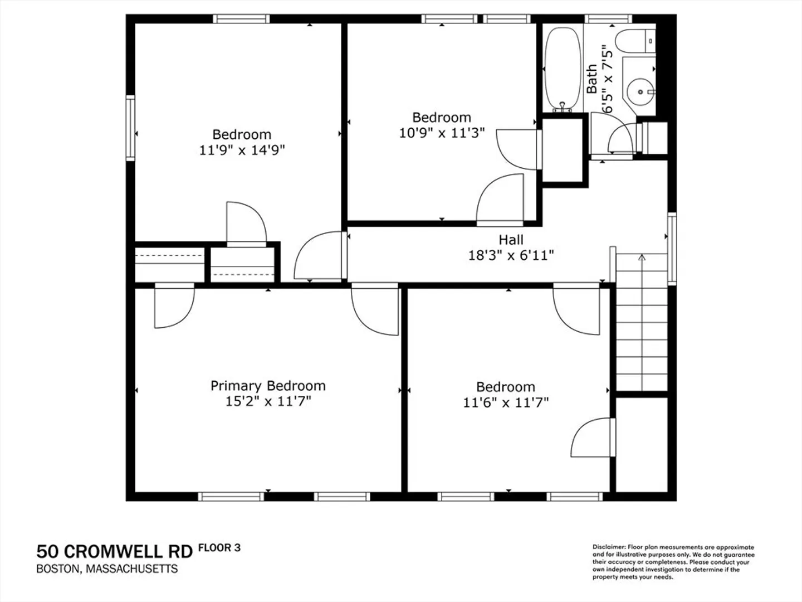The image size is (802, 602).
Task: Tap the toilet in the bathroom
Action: pyautogui.click(x=635, y=42)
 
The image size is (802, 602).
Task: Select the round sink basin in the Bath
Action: pyautogui.click(x=640, y=92)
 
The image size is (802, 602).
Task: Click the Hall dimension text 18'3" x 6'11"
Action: pyautogui.click(x=511, y=255)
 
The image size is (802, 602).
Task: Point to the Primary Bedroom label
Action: pyautogui.click(x=268, y=386)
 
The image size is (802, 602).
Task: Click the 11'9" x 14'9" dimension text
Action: pyautogui.click(x=242, y=150)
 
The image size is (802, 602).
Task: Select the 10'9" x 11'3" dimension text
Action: pyautogui.click(x=442, y=133)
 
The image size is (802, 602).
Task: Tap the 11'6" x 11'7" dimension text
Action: pyautogui.click(x=506, y=402)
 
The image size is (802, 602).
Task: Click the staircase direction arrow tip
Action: pyautogui.click(x=642, y=255)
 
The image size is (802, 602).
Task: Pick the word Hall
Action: pyautogui.click(x=511, y=240)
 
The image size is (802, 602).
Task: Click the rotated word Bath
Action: pyautogui.click(x=591, y=79)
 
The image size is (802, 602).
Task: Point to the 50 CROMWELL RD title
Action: pyautogui.click(x=114, y=552)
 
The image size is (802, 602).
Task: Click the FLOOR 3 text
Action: pyautogui.click(x=219, y=547)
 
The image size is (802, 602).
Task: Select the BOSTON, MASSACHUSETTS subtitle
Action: pyautogui.click(x=107, y=569)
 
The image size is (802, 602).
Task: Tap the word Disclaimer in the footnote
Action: pyautogui.click(x=609, y=547)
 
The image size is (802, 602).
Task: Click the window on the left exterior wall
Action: pyautogui.click(x=130, y=128)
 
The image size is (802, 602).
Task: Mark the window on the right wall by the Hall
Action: pyautogui.click(x=672, y=249)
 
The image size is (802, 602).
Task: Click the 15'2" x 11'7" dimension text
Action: pyautogui.click(x=268, y=401)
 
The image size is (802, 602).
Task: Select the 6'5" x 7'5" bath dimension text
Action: pyautogui.click(x=607, y=79)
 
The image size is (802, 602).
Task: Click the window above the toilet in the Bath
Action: pyautogui.click(x=608, y=19)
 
